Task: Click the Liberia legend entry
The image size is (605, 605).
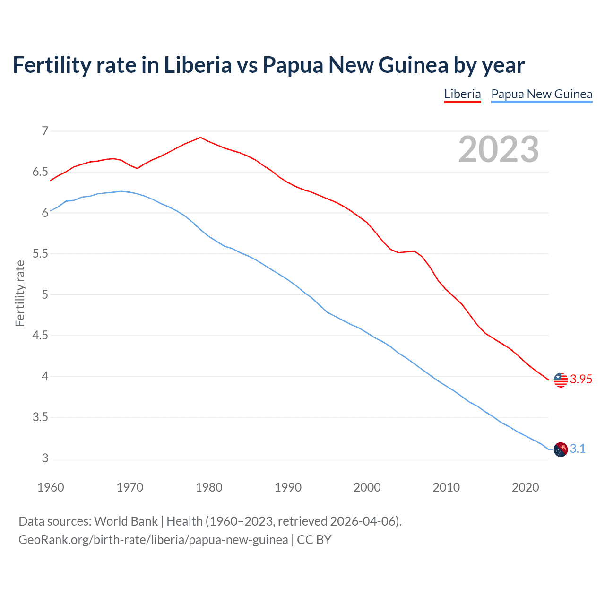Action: pos(462,94)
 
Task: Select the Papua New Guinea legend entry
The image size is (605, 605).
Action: pos(542,94)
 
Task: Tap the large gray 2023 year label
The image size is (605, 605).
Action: pos(499,149)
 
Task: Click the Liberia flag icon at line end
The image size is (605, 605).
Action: pos(561,380)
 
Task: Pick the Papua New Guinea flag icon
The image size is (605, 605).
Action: pos(561,449)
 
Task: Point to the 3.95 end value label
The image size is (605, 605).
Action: pos(581,380)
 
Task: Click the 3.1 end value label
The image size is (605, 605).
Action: pos(578,449)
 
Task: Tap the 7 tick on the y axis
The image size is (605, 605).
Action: pos(45,131)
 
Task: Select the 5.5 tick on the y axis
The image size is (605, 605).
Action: pos(41,254)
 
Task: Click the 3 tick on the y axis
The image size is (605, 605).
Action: pos(45,458)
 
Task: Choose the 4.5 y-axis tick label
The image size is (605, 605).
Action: pos(41,336)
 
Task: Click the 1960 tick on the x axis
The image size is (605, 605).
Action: pos(51,487)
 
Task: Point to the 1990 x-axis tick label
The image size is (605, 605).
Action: pos(288,487)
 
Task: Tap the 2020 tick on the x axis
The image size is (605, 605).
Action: pos(525,487)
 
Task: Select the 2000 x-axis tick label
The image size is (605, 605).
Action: pos(367,487)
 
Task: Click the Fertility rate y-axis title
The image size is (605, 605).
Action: pos(20,293)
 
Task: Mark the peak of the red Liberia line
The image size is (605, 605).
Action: pos(200,138)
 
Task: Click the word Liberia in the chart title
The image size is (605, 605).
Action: pos(198,65)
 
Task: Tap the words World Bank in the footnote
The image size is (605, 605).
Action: pos(126,521)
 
